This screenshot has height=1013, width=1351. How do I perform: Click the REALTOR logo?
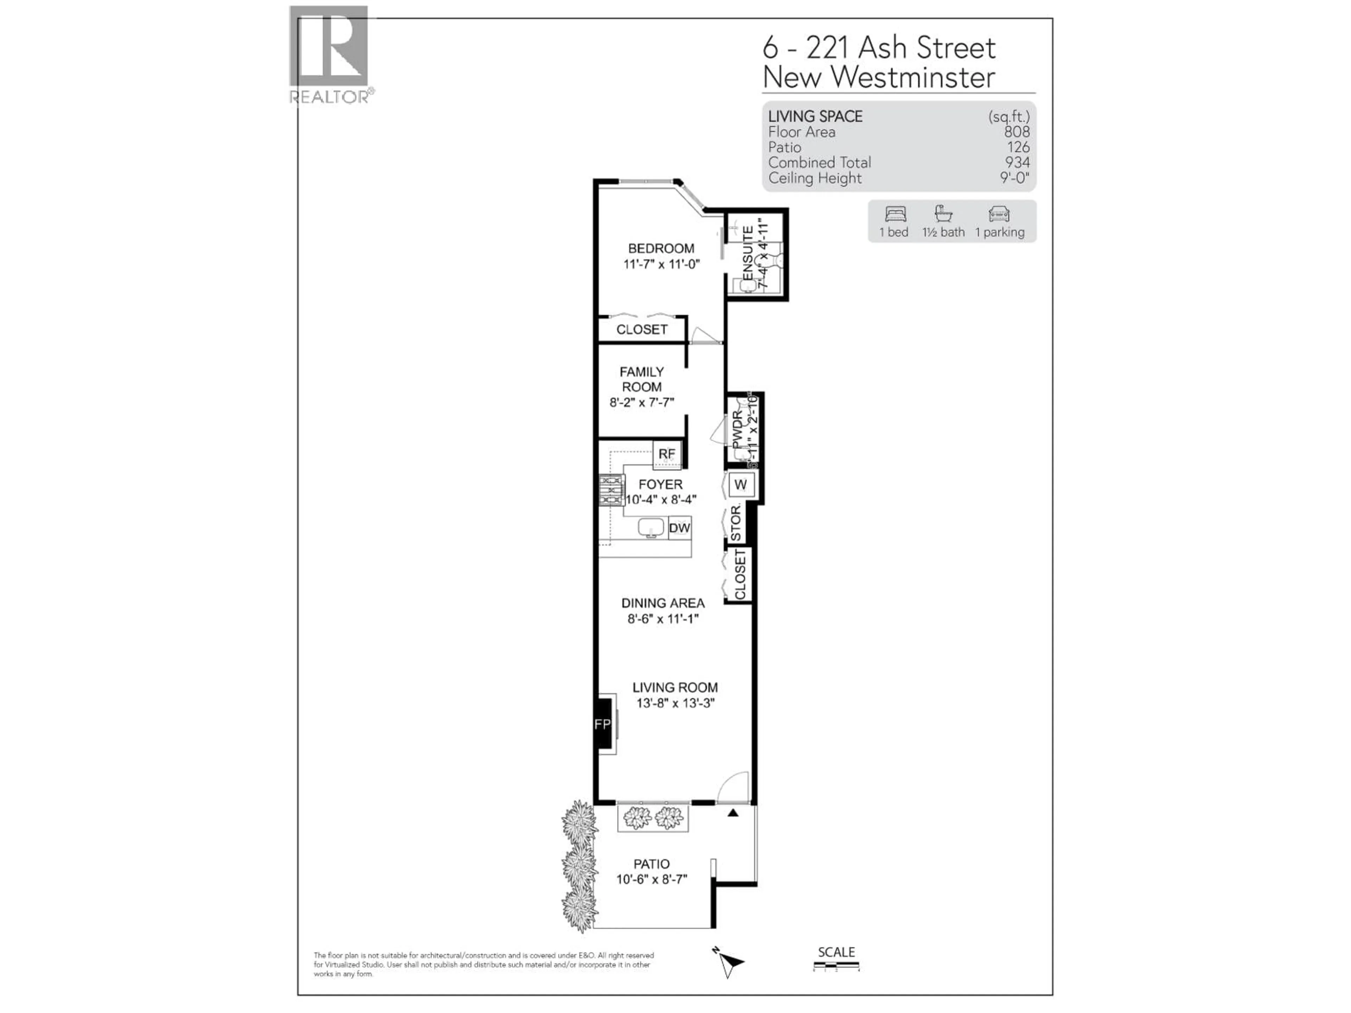pyautogui.click(x=330, y=54)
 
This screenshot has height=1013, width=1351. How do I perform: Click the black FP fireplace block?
pyautogui.click(x=603, y=724)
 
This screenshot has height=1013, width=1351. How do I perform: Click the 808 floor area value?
pyautogui.click(x=1016, y=132)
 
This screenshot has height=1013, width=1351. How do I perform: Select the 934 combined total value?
pyautogui.click(x=1017, y=163)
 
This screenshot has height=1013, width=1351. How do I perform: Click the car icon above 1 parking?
pyautogui.click(x=999, y=214)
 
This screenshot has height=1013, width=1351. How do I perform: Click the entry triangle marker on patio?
pyautogui.click(x=733, y=813)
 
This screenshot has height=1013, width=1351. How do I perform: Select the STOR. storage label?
pyautogui.click(x=736, y=523)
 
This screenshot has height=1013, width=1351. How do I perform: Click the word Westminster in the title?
pyautogui.click(x=913, y=77)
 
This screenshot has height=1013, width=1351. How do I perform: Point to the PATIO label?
pyautogui.click(x=651, y=864)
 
